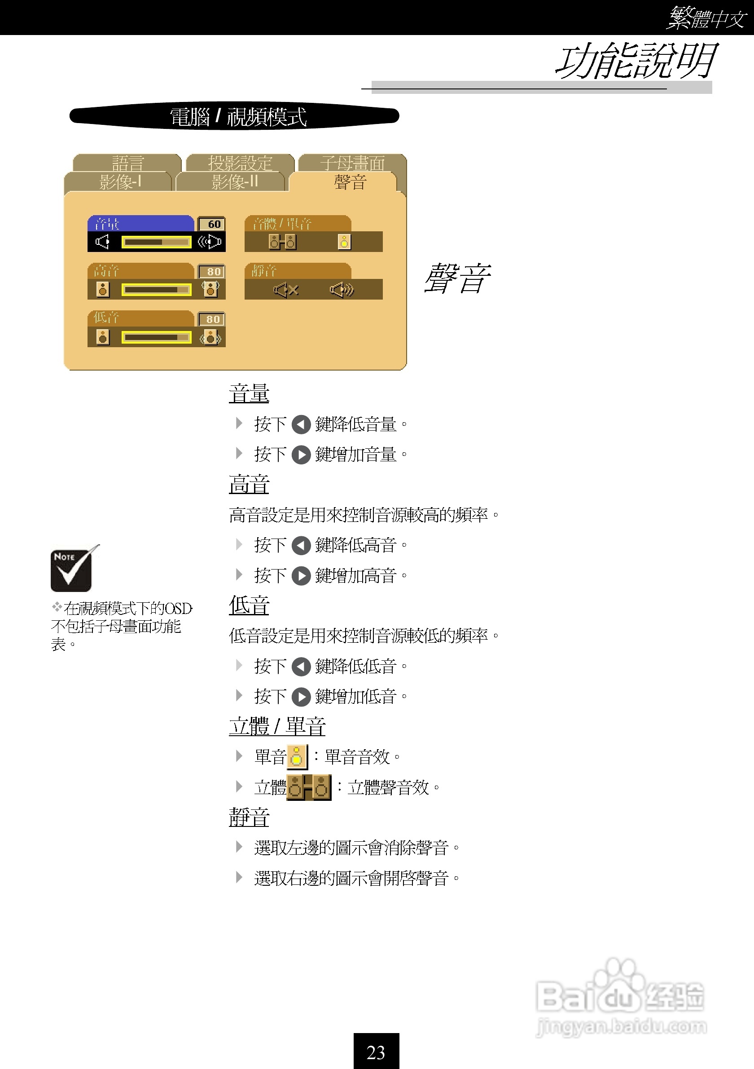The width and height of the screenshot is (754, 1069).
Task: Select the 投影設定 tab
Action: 240,163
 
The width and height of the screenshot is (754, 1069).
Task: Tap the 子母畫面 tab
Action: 352,163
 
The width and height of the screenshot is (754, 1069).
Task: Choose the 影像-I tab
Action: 119,181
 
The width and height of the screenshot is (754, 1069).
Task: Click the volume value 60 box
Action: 212,224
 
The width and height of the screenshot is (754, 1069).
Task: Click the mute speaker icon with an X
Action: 285,290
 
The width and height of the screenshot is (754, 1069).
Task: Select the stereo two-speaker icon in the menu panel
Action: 282,242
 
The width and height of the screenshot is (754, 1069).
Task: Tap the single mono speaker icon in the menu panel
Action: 344,242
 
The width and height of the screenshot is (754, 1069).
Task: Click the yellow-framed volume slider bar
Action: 156,242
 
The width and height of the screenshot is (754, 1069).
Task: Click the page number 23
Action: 376,1052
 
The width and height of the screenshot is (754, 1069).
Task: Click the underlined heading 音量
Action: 249,393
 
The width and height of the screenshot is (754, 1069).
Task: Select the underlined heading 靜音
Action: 249,817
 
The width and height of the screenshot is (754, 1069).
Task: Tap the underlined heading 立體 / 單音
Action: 277,726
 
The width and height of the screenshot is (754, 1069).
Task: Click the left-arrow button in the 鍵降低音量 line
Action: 301,424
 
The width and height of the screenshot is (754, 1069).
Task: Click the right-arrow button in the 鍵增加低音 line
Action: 301,697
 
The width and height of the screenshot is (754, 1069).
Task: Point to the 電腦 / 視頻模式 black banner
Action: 234,116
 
